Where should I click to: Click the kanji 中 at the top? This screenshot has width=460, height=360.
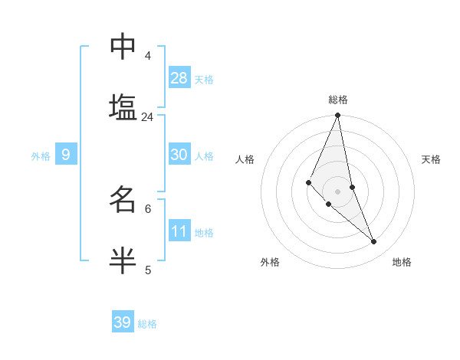click(x=123, y=47)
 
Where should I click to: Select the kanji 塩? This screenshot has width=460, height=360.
click(x=123, y=107)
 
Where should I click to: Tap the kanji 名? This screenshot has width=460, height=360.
click(x=123, y=199)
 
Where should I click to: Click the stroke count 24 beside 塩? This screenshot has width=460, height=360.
click(x=147, y=117)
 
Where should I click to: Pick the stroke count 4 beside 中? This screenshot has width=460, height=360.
click(x=148, y=56)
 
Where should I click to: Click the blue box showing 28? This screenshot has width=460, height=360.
click(x=179, y=78)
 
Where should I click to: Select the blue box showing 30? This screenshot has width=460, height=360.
click(x=179, y=155)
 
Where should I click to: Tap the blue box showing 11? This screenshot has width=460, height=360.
click(x=179, y=231)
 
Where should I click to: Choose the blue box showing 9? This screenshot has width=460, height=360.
click(x=66, y=155)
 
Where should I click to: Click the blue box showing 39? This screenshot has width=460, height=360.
click(x=123, y=322)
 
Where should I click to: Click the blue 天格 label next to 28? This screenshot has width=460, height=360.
click(x=204, y=80)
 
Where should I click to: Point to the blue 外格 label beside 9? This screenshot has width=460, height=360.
click(x=41, y=156)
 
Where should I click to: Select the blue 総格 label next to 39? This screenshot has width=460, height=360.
click(x=147, y=324)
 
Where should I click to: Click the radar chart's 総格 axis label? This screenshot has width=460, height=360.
click(x=338, y=100)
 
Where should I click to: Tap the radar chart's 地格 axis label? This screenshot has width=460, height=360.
click(x=402, y=262)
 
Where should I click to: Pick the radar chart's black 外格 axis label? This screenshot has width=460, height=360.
click(x=270, y=262)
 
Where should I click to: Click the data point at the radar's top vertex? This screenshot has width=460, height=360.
click(x=338, y=116)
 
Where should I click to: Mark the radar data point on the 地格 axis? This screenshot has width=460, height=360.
click(x=374, y=241)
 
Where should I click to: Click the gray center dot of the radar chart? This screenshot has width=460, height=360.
click(x=338, y=191)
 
